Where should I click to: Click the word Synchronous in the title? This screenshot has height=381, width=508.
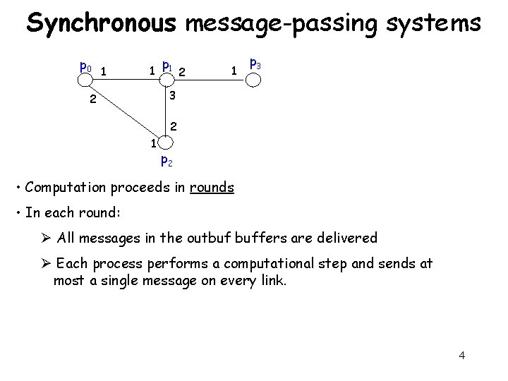point(101,23)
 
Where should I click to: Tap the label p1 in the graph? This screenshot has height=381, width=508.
point(167,66)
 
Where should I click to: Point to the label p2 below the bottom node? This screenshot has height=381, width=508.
point(167,160)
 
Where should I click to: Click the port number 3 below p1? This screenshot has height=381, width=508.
point(171,95)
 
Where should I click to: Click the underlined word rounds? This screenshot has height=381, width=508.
point(212,188)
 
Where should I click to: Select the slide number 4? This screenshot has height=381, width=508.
point(461,355)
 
